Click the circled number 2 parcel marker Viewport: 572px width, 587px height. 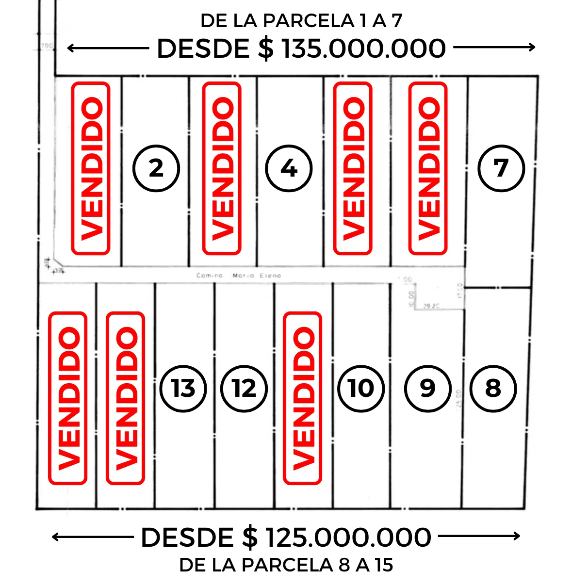pyautogui.click(x=156, y=168)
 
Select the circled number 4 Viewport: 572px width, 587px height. pyautogui.click(x=289, y=168)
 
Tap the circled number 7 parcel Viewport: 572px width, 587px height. pyautogui.click(x=501, y=168)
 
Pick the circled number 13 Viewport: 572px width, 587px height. pyautogui.click(x=183, y=388)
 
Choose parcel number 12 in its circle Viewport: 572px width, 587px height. pyautogui.click(x=244, y=388)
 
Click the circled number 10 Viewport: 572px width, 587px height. pyautogui.click(x=361, y=388)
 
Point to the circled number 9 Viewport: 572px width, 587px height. pyautogui.click(x=427, y=388)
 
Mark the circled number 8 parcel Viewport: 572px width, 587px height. pyautogui.click(x=493, y=388)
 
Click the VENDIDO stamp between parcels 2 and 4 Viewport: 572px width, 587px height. pyautogui.click(x=222, y=168)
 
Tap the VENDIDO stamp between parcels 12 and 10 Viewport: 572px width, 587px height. pyautogui.click(x=303, y=398)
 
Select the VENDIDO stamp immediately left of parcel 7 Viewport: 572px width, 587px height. pyautogui.click(x=428, y=168)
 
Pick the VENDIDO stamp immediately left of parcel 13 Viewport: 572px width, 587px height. pyautogui.click(x=126, y=398)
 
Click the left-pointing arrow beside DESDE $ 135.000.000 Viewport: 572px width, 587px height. pyautogui.click(x=107, y=48)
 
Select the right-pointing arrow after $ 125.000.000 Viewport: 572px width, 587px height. pyautogui.click(x=479, y=536)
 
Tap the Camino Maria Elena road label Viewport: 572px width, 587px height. pyautogui.click(x=239, y=276)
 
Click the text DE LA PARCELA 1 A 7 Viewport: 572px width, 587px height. pyautogui.click(x=301, y=21)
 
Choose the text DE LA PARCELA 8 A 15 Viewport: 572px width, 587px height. pyautogui.click(x=286, y=565)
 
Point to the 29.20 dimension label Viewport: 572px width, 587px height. pyautogui.click(x=431, y=306)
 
